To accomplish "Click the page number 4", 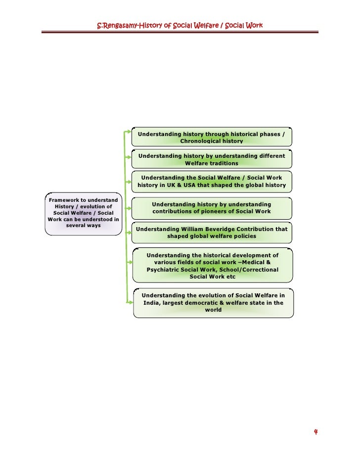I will [315, 432].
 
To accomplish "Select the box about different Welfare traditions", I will [212, 159].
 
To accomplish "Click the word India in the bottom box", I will [152, 303].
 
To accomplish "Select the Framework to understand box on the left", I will [83, 213].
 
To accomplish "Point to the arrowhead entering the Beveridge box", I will [131, 229].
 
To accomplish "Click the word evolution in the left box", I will [94, 206].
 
